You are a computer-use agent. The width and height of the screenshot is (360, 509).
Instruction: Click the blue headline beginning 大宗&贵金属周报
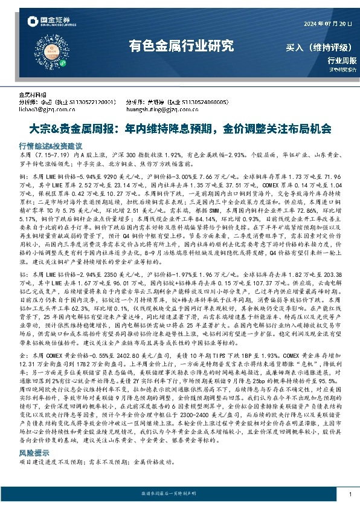click(x=180, y=129)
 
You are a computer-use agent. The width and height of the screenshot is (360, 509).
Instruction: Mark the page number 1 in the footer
click(x=350, y=494)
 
